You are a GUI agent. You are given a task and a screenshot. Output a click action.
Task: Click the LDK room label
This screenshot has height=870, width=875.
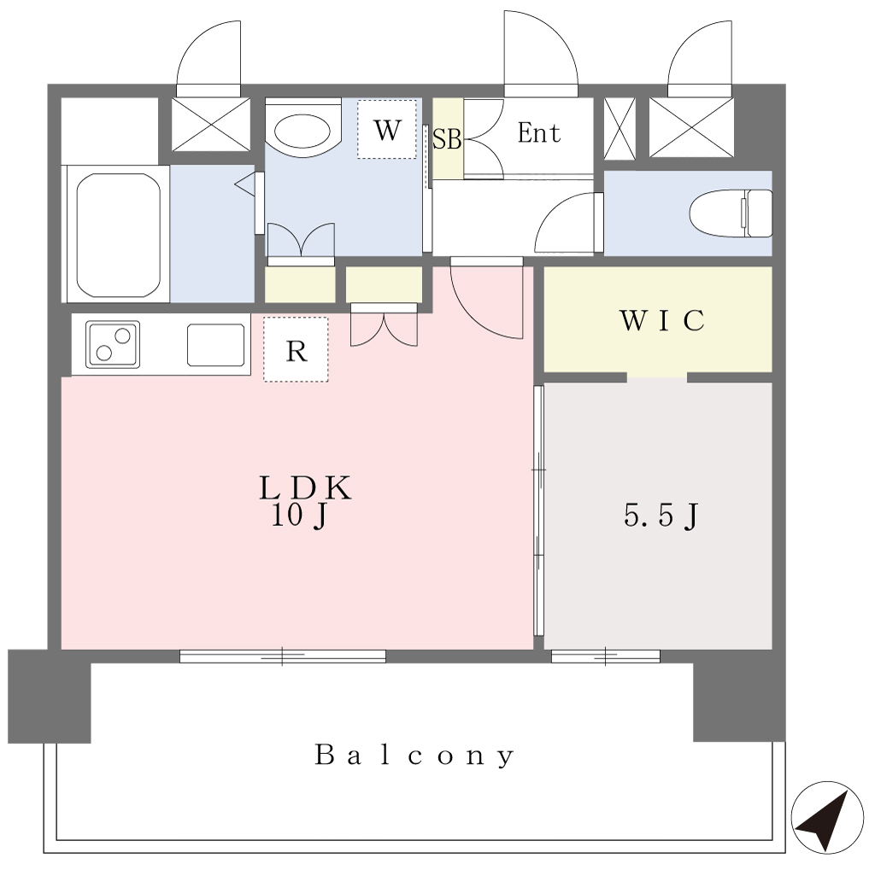[305, 488]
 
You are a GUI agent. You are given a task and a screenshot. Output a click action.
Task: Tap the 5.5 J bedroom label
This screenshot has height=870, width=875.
[661, 516]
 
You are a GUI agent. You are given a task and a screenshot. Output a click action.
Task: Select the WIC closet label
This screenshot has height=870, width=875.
[662, 320]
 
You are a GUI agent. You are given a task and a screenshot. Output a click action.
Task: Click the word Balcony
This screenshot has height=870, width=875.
[414, 756]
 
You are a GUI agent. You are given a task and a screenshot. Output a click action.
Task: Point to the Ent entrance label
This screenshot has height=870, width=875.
[538, 132]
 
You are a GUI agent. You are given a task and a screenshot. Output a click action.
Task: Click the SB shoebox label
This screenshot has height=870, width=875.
[447, 139]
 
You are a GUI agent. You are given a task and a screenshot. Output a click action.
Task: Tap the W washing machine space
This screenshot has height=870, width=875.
[387, 130]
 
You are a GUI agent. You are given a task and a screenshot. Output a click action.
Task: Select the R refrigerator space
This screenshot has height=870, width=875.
[296, 350]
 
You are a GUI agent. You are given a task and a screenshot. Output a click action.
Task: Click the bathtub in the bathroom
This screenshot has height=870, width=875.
[118, 235]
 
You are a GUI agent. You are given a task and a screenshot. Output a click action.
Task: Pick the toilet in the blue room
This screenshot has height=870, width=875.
[731, 213]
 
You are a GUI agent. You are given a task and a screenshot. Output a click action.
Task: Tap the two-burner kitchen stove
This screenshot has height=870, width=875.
[113, 344]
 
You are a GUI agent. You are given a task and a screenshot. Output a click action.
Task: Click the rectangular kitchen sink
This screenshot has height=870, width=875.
[216, 345]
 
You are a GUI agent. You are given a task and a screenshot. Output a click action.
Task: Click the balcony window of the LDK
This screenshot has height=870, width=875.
[282, 657]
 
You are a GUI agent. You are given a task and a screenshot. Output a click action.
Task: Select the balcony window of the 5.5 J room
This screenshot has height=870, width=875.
[606, 657]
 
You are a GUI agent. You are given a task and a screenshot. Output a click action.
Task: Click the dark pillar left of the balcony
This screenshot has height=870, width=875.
[49, 696]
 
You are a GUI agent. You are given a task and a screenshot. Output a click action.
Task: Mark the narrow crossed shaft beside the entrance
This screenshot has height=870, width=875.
[620, 128]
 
